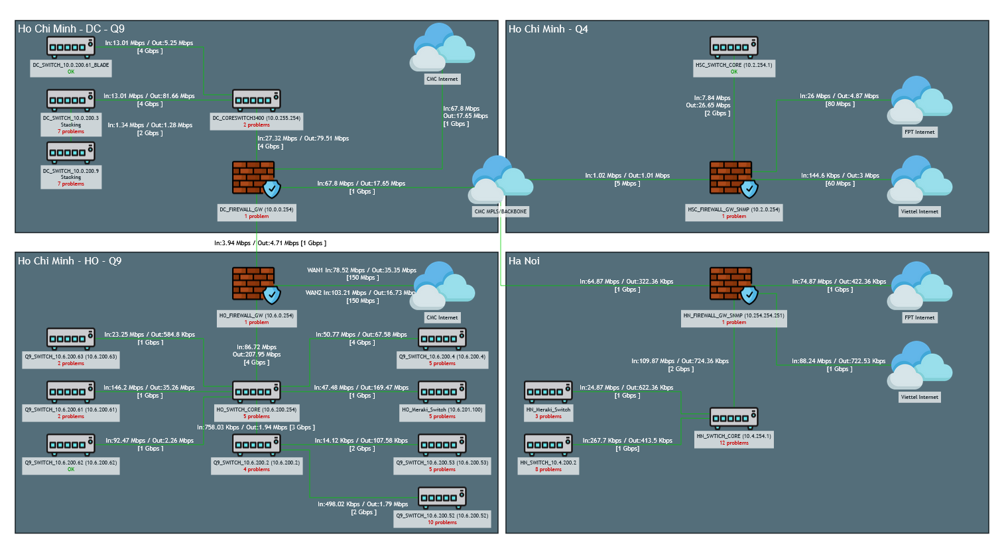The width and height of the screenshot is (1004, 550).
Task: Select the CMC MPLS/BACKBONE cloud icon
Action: point(500,180)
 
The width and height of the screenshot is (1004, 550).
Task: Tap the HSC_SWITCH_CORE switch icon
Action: point(733,46)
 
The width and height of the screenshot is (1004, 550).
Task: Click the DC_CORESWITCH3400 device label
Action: point(256,118)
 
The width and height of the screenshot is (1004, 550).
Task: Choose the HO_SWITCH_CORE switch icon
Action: point(256,391)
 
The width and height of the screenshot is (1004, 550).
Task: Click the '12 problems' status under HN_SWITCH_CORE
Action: point(733,443)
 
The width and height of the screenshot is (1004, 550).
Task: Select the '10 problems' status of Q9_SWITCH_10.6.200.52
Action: point(442,522)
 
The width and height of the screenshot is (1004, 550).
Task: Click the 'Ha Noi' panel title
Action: point(524,261)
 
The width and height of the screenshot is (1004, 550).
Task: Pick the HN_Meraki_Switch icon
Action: point(548,391)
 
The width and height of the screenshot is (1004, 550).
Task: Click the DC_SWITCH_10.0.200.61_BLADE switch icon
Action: point(70,46)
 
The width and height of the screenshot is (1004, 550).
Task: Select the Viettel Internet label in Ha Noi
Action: point(919,397)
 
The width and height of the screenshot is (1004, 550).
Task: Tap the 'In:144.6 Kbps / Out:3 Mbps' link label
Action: point(840,176)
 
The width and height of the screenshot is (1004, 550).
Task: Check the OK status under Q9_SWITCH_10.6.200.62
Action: point(71,469)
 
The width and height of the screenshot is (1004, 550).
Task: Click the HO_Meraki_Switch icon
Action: point(442,391)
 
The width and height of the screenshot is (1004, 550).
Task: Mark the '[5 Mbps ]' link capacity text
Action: point(627,184)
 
